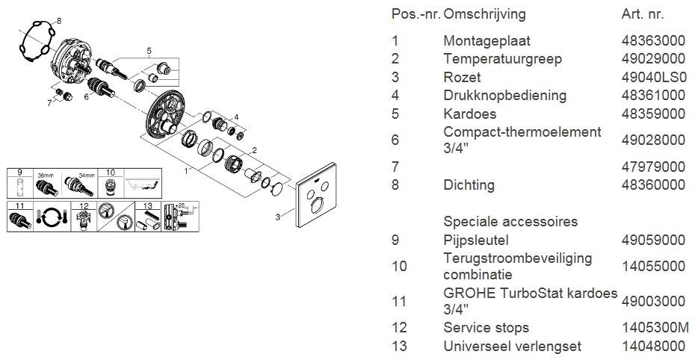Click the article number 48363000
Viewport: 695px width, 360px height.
point(653,41)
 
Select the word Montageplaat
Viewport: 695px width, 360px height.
point(486,41)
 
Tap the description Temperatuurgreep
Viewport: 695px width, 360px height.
point(503,59)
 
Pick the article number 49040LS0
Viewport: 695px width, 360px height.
point(654,77)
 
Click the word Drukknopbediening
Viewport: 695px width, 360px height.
point(505,95)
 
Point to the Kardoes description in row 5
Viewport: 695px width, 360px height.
point(470,114)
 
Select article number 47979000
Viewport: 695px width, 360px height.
point(653,167)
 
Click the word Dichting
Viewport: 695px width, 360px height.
point(469,184)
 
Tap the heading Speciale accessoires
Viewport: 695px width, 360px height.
point(510,221)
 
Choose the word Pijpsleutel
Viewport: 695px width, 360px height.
point(476,240)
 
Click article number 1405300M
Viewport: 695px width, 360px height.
point(655,327)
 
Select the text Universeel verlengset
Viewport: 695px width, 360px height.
point(513,346)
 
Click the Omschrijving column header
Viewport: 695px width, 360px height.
point(484,14)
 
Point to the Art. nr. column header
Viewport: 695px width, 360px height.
point(643,14)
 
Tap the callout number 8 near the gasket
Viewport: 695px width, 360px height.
point(59,21)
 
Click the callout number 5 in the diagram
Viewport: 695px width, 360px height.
point(149,51)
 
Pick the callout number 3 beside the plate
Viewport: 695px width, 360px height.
point(277,217)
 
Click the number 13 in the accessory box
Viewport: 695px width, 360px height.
point(148,206)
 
